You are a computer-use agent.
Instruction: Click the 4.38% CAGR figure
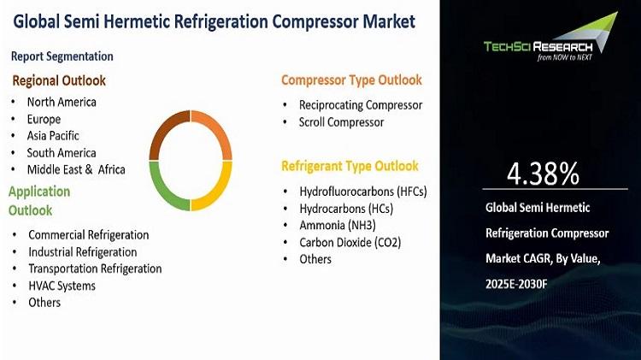[x=543, y=174]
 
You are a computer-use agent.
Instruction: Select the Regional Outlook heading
[x=59, y=80]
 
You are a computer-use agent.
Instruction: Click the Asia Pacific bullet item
[x=53, y=136]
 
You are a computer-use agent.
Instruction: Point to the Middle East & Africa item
[x=76, y=169]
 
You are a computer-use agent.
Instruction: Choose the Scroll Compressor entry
[x=341, y=122]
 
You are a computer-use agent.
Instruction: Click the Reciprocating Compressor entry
[x=361, y=105]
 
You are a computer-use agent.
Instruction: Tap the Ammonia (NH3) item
[x=338, y=226]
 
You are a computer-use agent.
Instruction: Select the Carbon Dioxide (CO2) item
[x=350, y=243]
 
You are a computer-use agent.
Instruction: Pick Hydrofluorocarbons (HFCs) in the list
[x=363, y=192]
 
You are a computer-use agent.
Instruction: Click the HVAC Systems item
[x=62, y=286]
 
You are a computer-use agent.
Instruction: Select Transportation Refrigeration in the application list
[x=95, y=269]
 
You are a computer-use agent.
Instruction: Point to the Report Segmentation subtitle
[x=62, y=56]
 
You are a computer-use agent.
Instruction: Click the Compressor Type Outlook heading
[x=351, y=80]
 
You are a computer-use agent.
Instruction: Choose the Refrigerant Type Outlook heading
[x=350, y=166]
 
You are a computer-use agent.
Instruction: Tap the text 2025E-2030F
[x=516, y=284]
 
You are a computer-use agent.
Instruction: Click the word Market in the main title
[x=389, y=21]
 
